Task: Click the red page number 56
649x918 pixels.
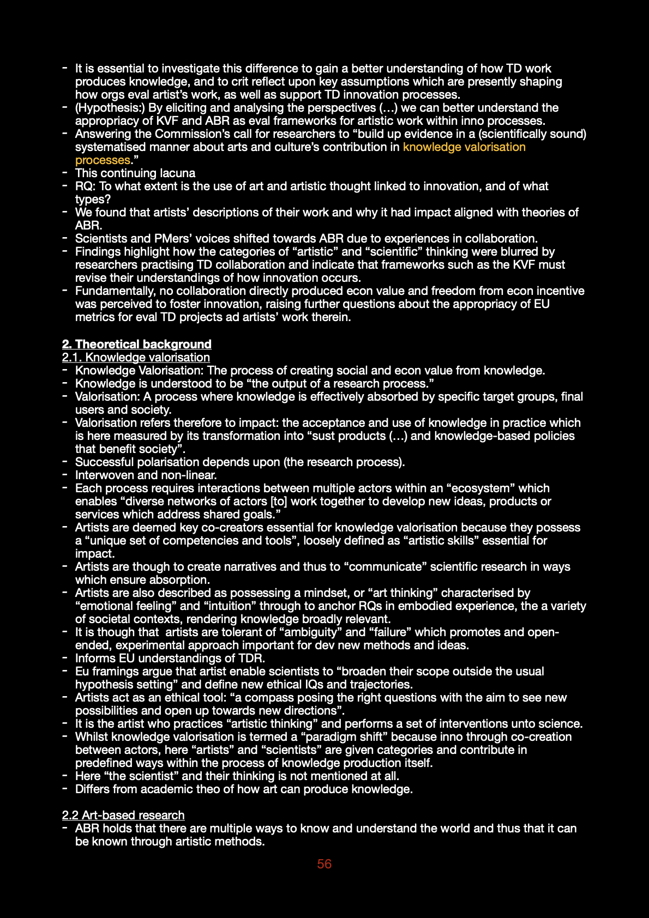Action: pos(324,864)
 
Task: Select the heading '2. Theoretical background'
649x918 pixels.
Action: pos(136,344)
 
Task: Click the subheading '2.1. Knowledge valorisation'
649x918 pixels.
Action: pos(136,357)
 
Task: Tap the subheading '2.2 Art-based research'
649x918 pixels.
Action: pos(123,815)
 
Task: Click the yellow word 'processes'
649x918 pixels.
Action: pos(103,160)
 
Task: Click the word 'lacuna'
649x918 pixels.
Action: pos(177,173)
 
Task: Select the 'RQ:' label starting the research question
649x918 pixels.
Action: pos(85,186)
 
